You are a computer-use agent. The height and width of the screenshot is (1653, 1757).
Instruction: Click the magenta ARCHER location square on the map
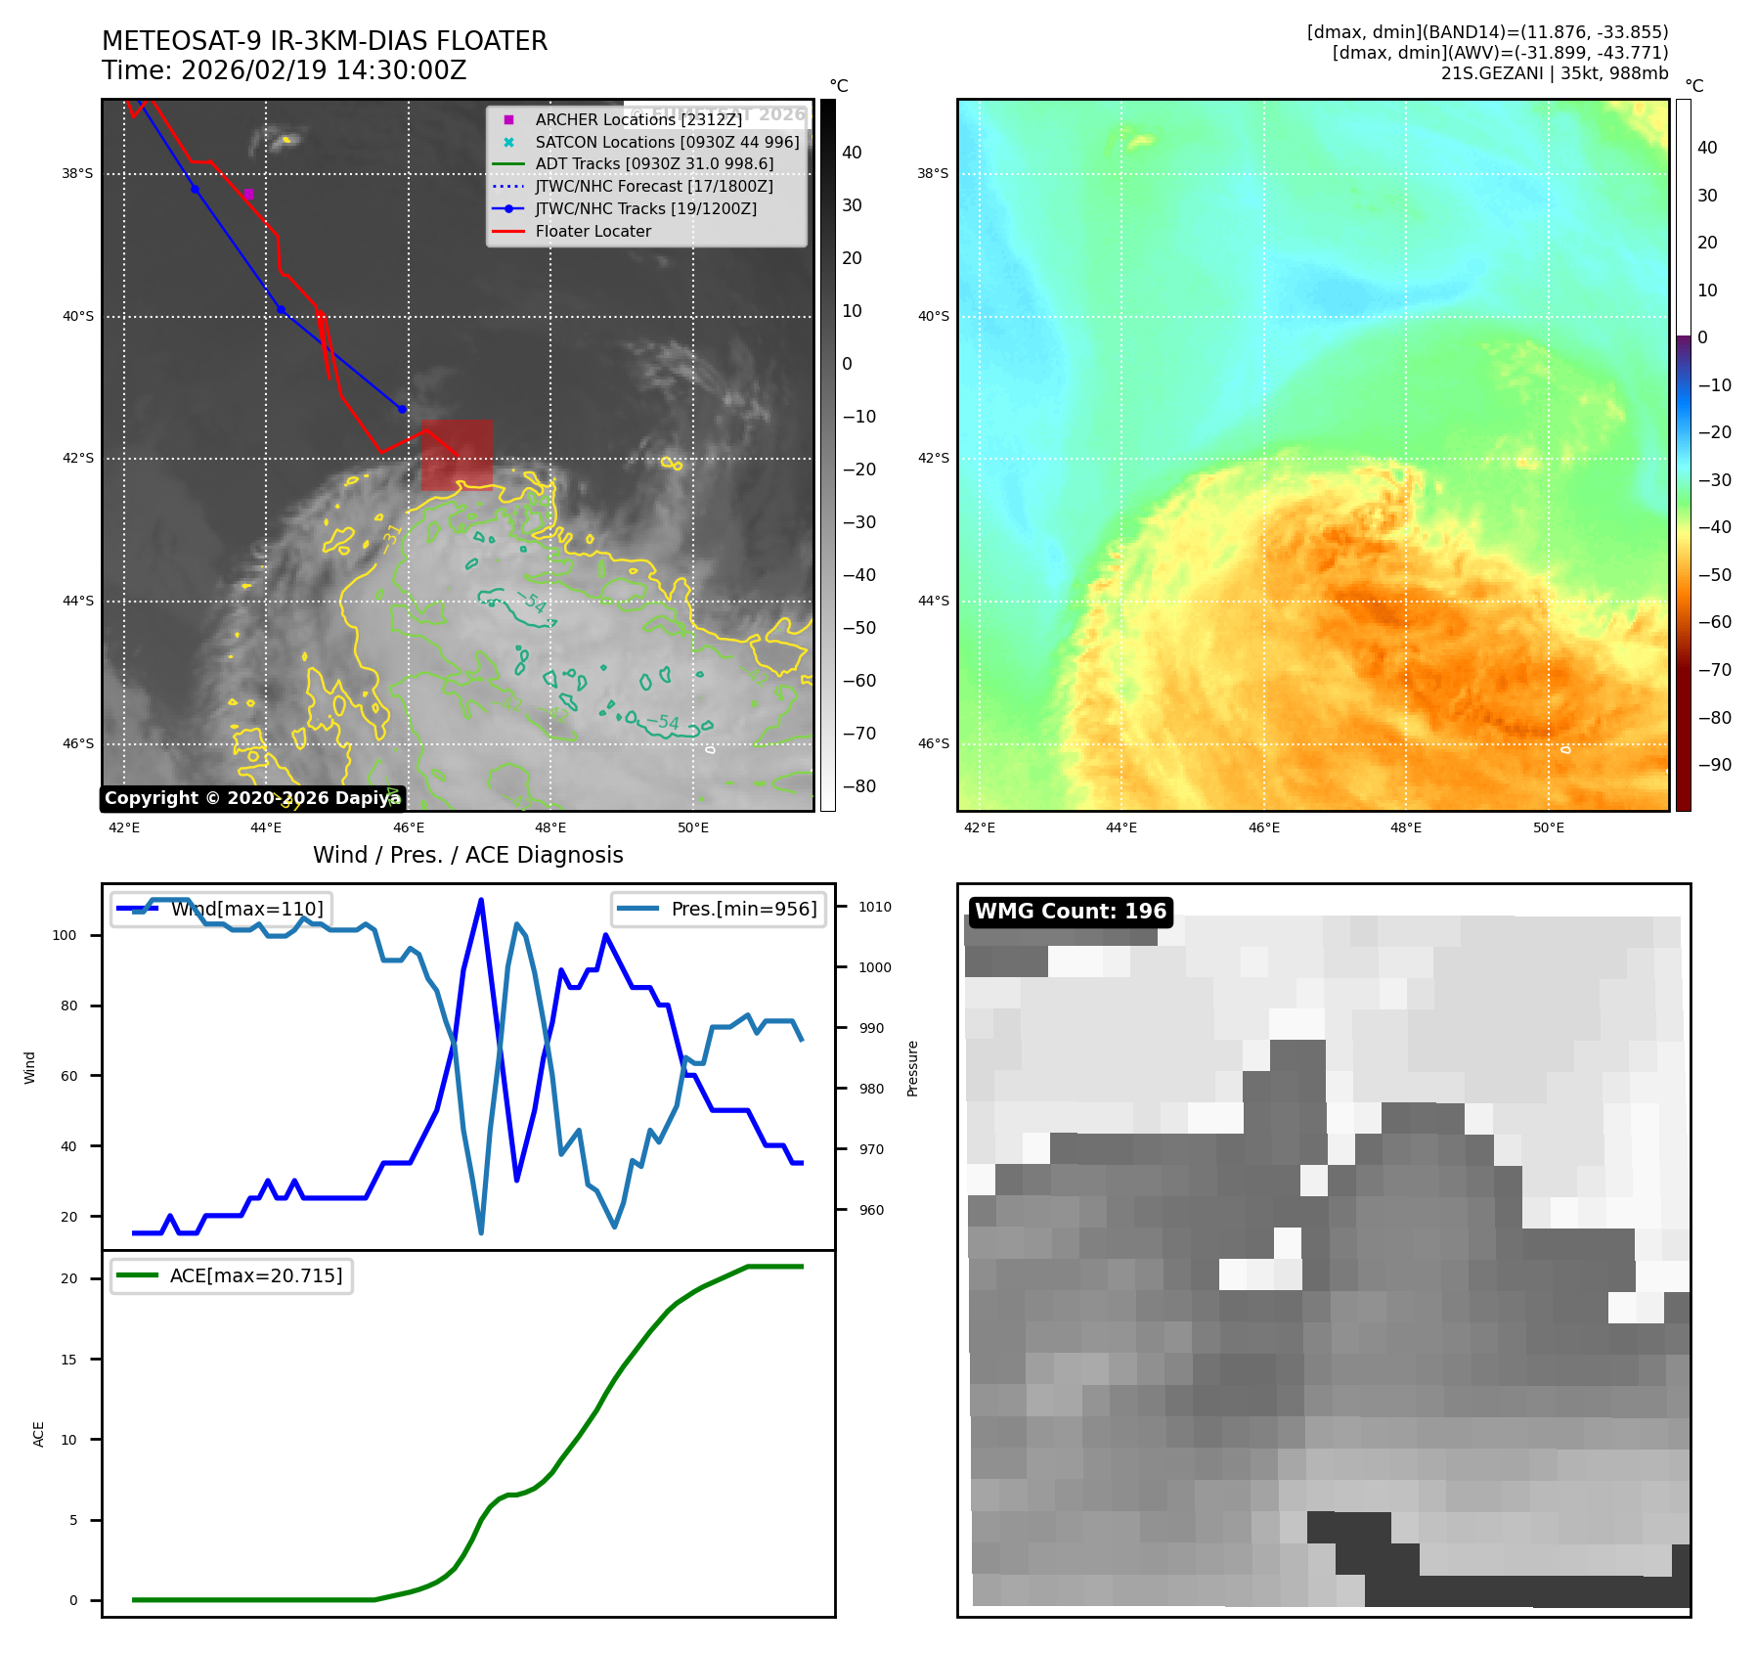click(x=248, y=194)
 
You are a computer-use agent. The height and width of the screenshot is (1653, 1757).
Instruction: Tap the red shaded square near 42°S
click(x=457, y=455)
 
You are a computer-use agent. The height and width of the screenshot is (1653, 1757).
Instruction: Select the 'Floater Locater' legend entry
click(x=593, y=231)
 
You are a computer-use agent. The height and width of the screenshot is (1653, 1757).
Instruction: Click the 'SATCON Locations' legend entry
click(x=667, y=142)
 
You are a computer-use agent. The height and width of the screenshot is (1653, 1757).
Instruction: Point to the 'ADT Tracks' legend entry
click(x=653, y=164)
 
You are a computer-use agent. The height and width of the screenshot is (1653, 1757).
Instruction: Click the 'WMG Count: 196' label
click(x=1071, y=912)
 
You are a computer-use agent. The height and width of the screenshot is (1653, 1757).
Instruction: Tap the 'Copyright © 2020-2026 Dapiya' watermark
click(x=252, y=798)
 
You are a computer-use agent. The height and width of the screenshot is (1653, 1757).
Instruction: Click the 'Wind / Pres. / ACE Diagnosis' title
click(x=467, y=855)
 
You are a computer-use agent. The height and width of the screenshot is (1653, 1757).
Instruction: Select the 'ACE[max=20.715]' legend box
click(x=232, y=1275)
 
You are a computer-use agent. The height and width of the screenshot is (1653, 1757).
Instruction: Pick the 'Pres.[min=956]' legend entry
click(x=719, y=909)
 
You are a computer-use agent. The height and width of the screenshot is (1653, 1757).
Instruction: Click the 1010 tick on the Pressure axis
click(x=874, y=907)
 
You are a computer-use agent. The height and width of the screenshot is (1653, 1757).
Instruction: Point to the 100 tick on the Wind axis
click(x=65, y=935)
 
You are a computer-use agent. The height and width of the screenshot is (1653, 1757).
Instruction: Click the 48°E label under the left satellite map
click(x=550, y=827)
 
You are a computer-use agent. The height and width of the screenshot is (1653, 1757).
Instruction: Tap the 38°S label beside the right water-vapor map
click(x=933, y=174)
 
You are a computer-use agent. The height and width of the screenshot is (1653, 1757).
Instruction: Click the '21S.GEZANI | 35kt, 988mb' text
click(x=1554, y=73)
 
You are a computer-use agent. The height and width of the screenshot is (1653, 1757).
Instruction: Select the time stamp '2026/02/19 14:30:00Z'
click(x=324, y=70)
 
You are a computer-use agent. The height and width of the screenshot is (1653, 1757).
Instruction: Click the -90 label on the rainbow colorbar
click(x=1714, y=765)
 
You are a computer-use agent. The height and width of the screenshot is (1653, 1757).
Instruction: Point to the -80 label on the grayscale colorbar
click(x=859, y=786)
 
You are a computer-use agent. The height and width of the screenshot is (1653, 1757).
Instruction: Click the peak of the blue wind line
click(x=481, y=899)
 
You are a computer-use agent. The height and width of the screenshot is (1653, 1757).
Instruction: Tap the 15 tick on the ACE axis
click(x=68, y=1360)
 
